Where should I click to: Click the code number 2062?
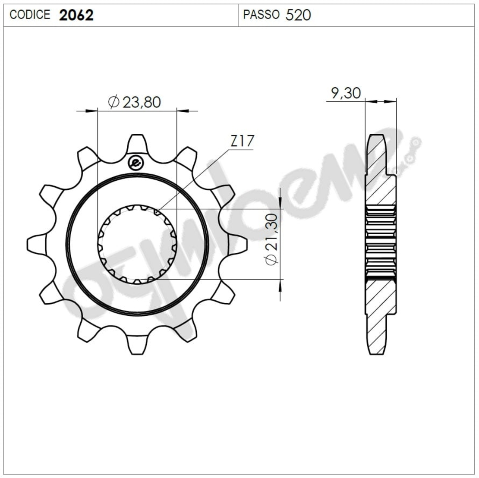pyautogui.click(x=76, y=15)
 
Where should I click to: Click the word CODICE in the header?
pyautogui.click(x=30, y=15)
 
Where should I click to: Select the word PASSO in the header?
pyautogui.click(x=261, y=15)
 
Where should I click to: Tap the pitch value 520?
pyautogui.click(x=298, y=15)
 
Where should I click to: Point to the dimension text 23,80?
pyautogui.click(x=142, y=102)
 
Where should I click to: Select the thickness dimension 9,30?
pyautogui.click(x=346, y=93)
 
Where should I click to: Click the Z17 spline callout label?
pyautogui.click(x=242, y=141)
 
